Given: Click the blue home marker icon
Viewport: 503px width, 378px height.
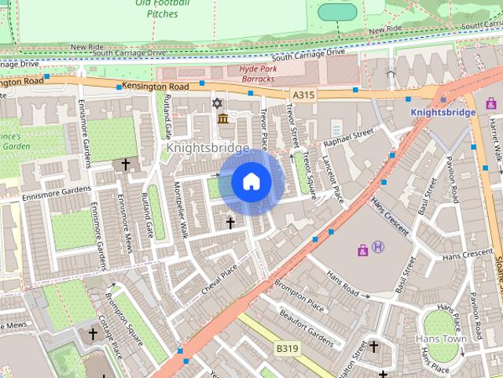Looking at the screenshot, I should coord(251,182).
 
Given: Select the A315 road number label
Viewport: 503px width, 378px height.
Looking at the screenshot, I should coord(303,94).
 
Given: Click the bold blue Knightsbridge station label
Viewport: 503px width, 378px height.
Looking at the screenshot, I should coord(443,113).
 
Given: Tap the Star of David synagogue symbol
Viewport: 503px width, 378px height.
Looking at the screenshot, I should coord(218,103).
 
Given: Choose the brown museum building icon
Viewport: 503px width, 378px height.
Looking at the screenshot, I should coord(223,119).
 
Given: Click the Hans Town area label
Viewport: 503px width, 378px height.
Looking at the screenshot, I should coord(441,339).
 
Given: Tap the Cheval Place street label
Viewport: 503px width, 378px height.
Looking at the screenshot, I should coord(218,276).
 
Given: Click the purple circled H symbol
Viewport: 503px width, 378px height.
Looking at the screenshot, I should coord(378,247).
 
